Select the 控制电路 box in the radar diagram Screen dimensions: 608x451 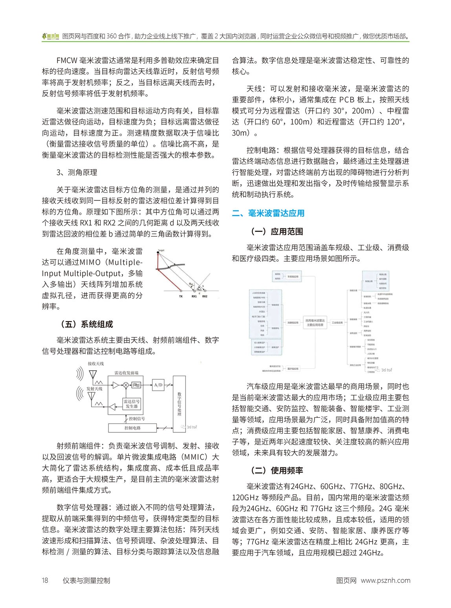tap(132, 428)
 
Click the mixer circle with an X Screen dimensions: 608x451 tap(126, 385)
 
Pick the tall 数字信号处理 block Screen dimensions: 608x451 tap(179, 403)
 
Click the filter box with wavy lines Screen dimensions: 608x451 tap(137, 385)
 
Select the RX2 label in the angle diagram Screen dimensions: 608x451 tap(205, 296)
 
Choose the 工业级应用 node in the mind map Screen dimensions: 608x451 tap(337, 323)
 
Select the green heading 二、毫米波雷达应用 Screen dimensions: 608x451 tap(268, 213)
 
